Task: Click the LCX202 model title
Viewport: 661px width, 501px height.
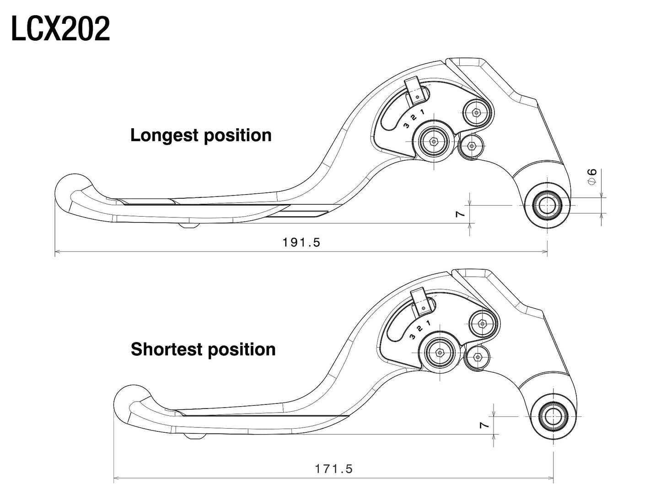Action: pyautogui.click(x=60, y=29)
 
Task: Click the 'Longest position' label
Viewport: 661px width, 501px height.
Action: pyautogui.click(x=201, y=135)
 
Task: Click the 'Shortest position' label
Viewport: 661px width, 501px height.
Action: pyautogui.click(x=203, y=349)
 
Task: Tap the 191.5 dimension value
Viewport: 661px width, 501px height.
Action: pyautogui.click(x=301, y=242)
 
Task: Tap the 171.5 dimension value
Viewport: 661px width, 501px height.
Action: pyautogui.click(x=333, y=469)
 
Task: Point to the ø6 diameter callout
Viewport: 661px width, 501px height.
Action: pyautogui.click(x=592, y=176)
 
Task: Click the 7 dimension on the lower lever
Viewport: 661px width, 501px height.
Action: pyautogui.click(x=484, y=425)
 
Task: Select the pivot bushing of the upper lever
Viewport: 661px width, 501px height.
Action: pyautogui.click(x=547, y=205)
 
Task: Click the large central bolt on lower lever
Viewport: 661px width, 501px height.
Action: pyautogui.click(x=440, y=352)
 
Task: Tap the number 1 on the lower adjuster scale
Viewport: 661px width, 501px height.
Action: pyautogui.click(x=428, y=323)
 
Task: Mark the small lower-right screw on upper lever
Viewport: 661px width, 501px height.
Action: pyautogui.click(x=471, y=146)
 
